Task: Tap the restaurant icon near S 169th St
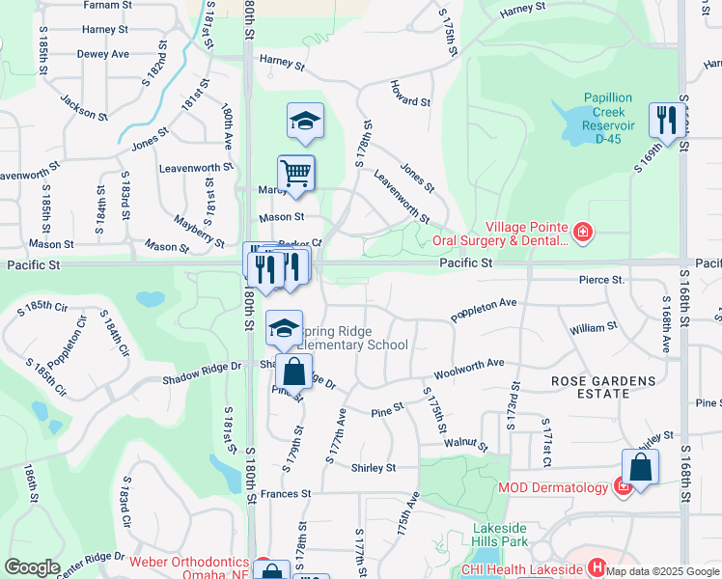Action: click(663, 119)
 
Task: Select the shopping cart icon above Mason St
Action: click(295, 173)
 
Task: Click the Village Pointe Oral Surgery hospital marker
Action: click(582, 232)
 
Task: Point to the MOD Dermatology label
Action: click(553, 487)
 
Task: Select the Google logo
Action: click(32, 566)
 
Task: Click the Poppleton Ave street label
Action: click(484, 309)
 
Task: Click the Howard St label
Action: click(409, 100)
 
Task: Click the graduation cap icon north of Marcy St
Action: click(304, 121)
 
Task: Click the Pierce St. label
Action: click(602, 280)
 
